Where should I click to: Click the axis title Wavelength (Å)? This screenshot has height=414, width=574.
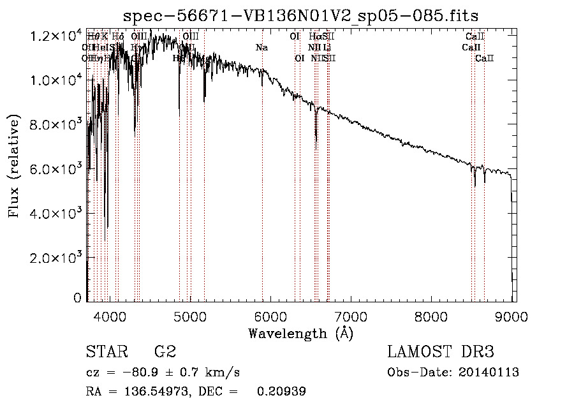[300, 333]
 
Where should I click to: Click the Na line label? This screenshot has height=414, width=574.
[261, 47]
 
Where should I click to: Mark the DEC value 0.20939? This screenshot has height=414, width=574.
[281, 392]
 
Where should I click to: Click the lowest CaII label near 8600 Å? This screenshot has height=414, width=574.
[485, 58]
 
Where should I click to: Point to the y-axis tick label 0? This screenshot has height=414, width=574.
[77, 298]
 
